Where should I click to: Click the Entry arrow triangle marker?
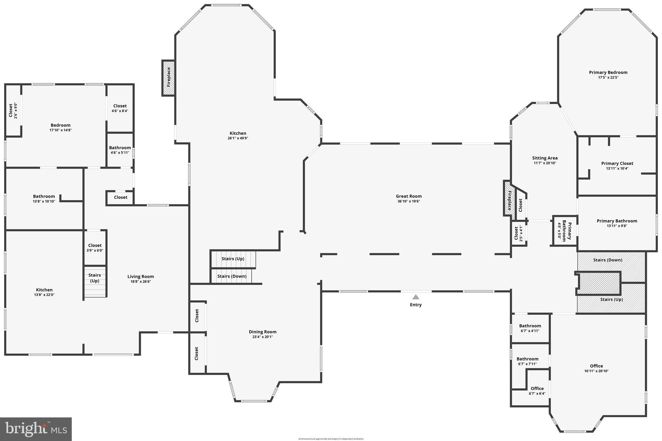(x=416, y=297)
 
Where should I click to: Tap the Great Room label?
(x=409, y=196)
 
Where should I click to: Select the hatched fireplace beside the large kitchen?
(x=168, y=78)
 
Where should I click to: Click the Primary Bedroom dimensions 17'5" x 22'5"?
(x=608, y=78)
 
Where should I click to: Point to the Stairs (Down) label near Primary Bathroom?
(x=607, y=260)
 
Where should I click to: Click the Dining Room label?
(x=262, y=332)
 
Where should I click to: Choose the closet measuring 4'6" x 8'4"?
(x=120, y=108)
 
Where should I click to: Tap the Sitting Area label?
(x=545, y=158)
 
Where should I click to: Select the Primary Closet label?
(x=617, y=163)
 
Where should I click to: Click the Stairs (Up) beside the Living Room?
(x=95, y=278)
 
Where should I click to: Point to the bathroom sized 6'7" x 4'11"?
(x=530, y=328)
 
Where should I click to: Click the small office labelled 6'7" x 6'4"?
(x=537, y=391)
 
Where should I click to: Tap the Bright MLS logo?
(x=36, y=429)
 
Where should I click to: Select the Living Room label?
(x=140, y=277)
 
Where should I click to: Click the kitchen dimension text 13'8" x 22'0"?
(x=44, y=295)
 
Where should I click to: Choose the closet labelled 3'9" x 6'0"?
(x=95, y=248)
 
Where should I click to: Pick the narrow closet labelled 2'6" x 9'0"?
(x=13, y=110)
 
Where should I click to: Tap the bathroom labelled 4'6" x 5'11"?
(x=120, y=150)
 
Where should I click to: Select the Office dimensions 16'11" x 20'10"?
(x=596, y=371)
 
